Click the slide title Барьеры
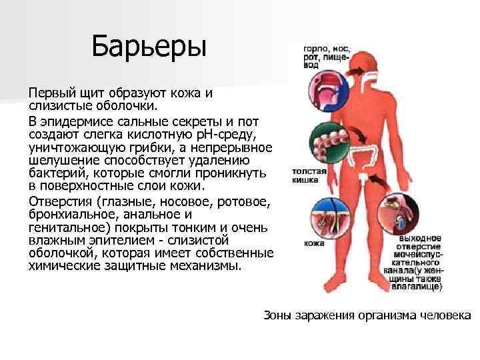(149, 47)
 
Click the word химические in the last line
(63, 265)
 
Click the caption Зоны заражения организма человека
(367, 315)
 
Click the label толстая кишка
(309, 176)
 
